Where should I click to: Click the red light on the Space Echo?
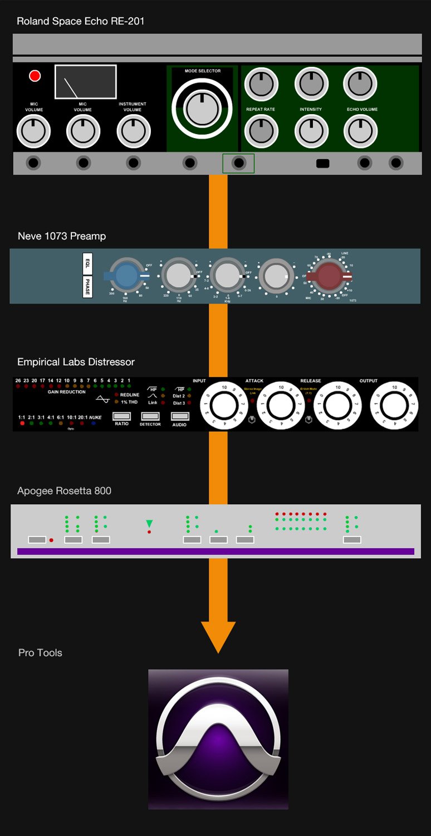pos(35,76)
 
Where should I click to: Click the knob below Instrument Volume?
pos(133,131)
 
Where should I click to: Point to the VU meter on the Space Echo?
pos(85,82)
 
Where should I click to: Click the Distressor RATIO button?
pos(121,416)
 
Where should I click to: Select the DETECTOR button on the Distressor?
pos(150,416)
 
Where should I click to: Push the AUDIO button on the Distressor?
pos(179,416)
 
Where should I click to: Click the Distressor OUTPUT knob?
pos(394,406)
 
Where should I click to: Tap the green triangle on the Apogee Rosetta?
pos(149,523)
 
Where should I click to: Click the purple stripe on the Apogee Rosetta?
pos(215,552)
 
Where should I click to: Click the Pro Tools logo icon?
pos(218,739)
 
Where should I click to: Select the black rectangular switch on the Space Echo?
pos(322,164)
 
